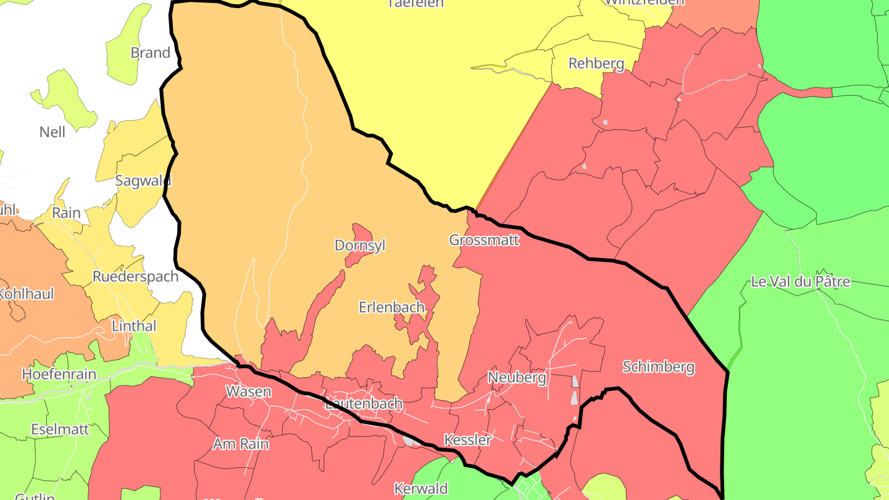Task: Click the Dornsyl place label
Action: pyautogui.click(x=359, y=246)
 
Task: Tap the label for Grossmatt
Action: pyautogui.click(x=484, y=240)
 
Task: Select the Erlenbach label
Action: pyautogui.click(x=391, y=307)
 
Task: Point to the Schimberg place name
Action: pyautogui.click(x=658, y=367)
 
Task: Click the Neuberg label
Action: pyautogui.click(x=517, y=377)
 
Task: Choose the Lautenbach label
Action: pyautogui.click(x=364, y=404)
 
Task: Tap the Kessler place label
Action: pyautogui.click(x=467, y=440)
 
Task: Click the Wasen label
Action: pyautogui.click(x=248, y=391)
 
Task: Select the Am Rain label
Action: pyautogui.click(x=241, y=443)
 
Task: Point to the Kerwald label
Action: pyautogui.click(x=421, y=489)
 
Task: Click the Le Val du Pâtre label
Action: pyautogui.click(x=800, y=282)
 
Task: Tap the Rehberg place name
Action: pyautogui.click(x=596, y=64)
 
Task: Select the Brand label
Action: pyautogui.click(x=150, y=53)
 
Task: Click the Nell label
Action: pyautogui.click(x=52, y=132)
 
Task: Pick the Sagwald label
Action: pyautogui.click(x=143, y=181)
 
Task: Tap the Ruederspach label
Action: pyautogui.click(x=135, y=277)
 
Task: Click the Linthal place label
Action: pyautogui.click(x=134, y=326)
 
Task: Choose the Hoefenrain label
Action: pyautogui.click(x=59, y=374)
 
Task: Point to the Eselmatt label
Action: pyautogui.click(x=60, y=429)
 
